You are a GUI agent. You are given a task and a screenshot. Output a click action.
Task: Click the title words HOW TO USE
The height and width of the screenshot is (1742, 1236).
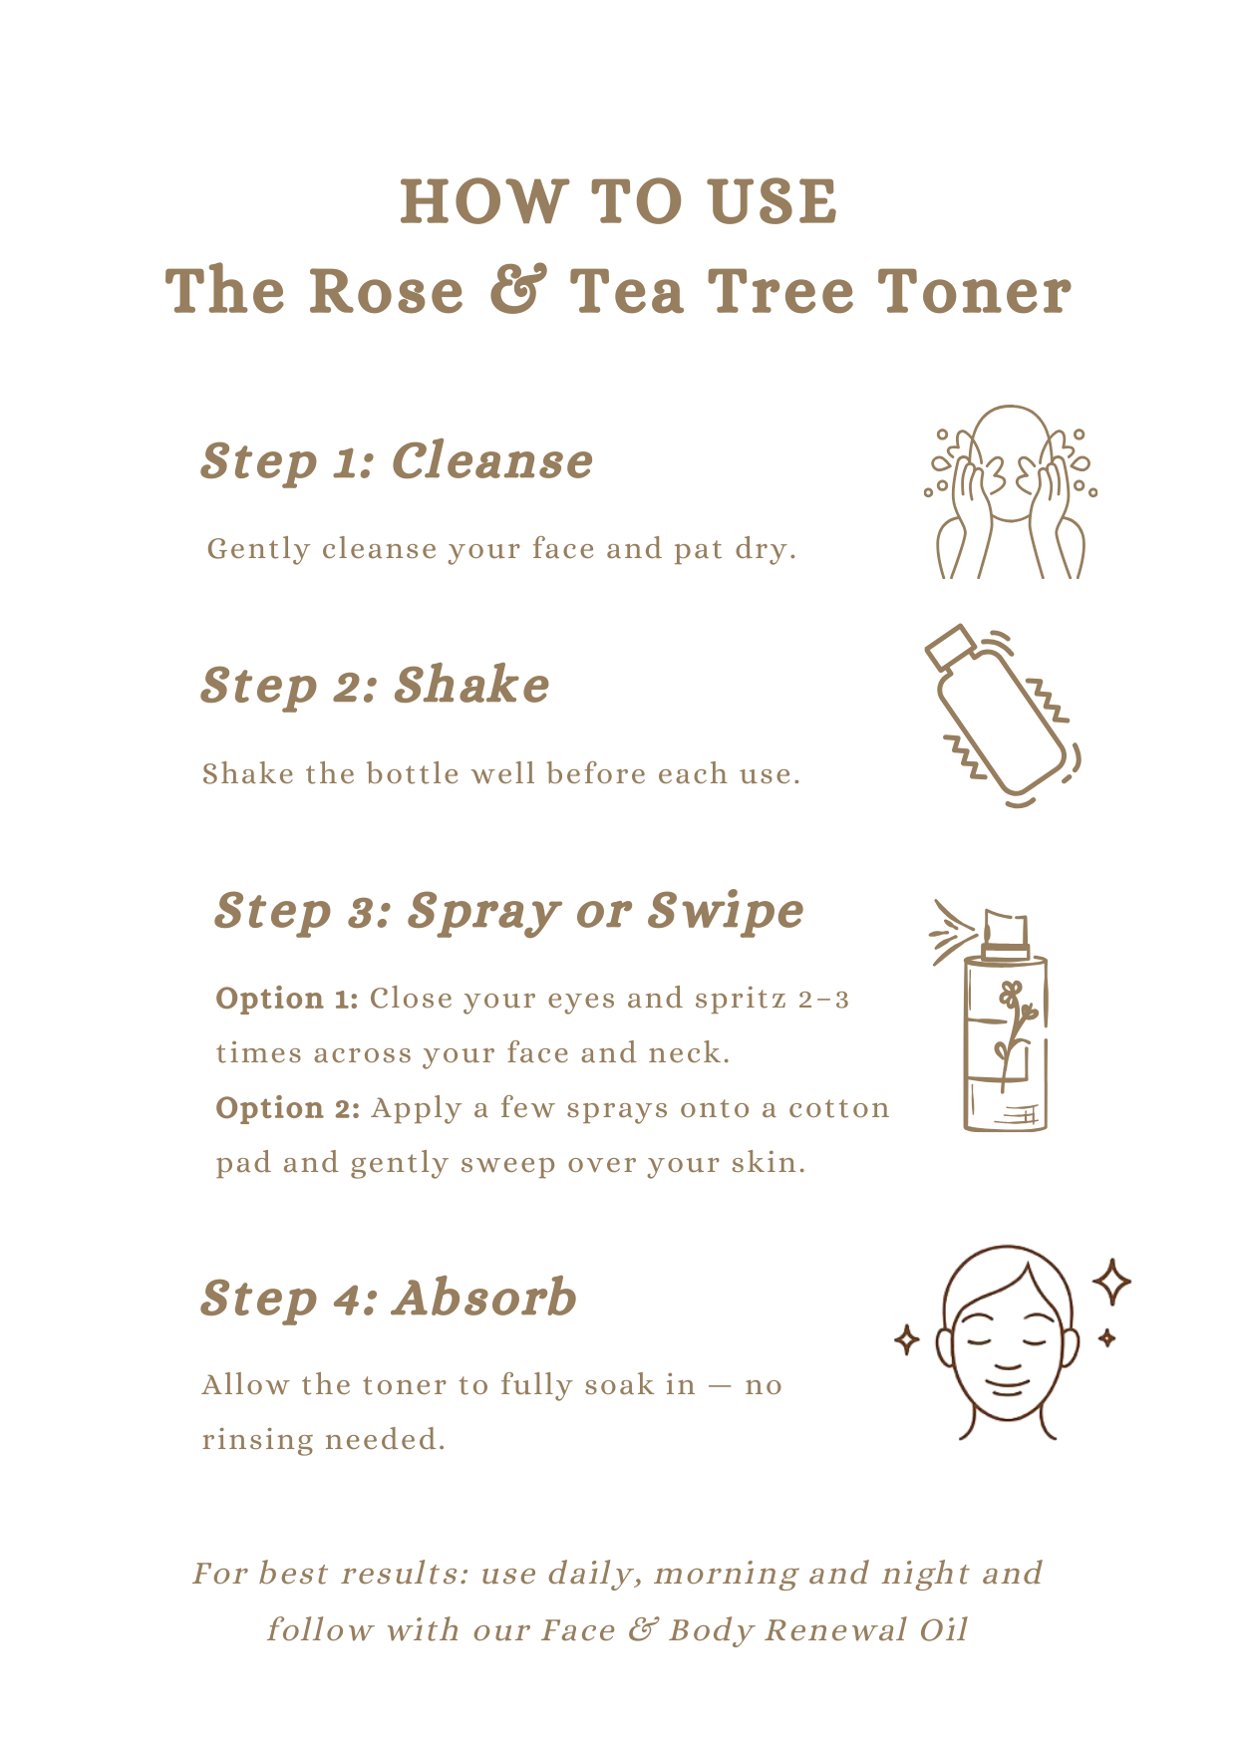[x=618, y=201]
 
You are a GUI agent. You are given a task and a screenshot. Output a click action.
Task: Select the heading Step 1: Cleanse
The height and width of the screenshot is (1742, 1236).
[x=397, y=461]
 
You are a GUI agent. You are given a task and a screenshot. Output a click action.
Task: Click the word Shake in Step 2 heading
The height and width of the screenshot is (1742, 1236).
[x=471, y=686]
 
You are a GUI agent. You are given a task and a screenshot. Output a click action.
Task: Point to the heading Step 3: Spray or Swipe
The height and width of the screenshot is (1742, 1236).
[x=508, y=912]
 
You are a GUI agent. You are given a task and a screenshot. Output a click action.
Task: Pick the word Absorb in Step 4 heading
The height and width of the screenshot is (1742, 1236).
[x=484, y=1298]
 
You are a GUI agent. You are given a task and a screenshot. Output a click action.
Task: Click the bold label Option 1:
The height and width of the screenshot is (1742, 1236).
[x=287, y=999]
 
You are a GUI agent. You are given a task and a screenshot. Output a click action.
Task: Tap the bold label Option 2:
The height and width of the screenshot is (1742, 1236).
[x=288, y=1108]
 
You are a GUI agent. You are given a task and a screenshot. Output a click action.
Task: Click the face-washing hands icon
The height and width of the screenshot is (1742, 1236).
[x=1010, y=491]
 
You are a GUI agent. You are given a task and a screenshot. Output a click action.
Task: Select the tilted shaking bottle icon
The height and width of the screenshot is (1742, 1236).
[x=1003, y=717]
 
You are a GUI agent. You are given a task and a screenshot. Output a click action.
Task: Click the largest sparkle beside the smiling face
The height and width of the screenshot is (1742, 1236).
[x=1111, y=1283]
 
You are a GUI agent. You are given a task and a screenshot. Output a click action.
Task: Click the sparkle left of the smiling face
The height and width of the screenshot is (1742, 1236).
[x=906, y=1340]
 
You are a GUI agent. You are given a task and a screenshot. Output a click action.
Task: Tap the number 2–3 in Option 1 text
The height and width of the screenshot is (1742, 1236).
[x=823, y=999]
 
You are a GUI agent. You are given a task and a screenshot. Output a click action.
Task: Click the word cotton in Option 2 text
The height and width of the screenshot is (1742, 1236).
[x=838, y=1108]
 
